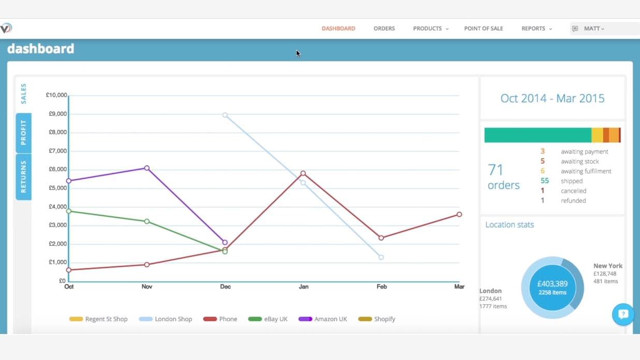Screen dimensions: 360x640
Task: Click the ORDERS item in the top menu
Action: tap(384, 28)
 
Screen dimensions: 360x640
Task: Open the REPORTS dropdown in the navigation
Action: tap(536, 28)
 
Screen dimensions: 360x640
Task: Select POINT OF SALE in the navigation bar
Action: tap(483, 28)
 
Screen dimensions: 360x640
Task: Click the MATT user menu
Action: tap(593, 28)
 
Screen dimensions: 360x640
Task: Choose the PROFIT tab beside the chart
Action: tap(23, 133)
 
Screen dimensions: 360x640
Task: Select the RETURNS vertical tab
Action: tap(23, 177)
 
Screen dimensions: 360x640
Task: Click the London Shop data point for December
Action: tap(225, 115)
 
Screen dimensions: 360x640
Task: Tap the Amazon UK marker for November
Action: tap(147, 168)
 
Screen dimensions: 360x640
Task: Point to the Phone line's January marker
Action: tap(303, 174)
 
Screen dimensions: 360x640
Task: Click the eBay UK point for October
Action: tap(69, 211)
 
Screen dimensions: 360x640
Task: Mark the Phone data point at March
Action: tap(459, 214)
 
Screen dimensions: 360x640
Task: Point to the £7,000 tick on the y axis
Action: tap(56, 151)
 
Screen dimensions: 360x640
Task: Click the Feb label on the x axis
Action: tap(381, 286)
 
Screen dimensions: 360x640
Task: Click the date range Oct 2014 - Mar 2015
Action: tap(552, 98)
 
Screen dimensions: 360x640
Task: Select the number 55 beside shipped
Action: tap(544, 181)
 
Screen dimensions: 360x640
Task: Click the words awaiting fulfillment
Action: tap(586, 171)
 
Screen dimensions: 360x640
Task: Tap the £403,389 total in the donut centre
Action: tap(552, 284)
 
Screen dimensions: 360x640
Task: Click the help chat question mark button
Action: tap(623, 314)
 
